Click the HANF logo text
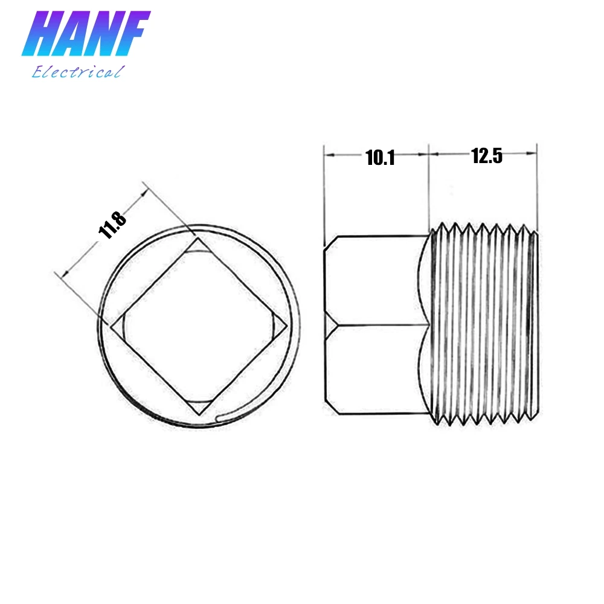click(85, 36)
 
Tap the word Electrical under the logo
click(77, 72)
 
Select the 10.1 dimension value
click(379, 158)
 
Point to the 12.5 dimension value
click(487, 156)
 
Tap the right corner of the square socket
click(286, 326)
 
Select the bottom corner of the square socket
click(200, 415)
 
